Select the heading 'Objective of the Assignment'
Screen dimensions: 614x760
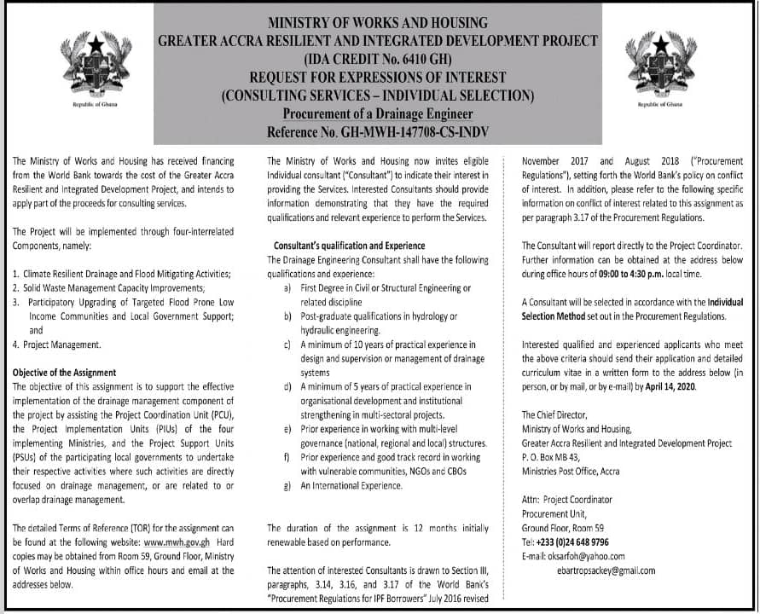65,373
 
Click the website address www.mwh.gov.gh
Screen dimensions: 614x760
178,542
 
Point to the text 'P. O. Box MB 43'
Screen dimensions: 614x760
557,457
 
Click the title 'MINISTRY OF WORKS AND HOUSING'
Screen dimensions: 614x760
378,23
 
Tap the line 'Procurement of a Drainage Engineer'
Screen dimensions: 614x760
378,114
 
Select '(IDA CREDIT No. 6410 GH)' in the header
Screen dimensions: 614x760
378,60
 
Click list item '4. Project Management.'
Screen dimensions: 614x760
57,345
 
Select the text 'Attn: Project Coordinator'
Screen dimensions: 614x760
567,499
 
